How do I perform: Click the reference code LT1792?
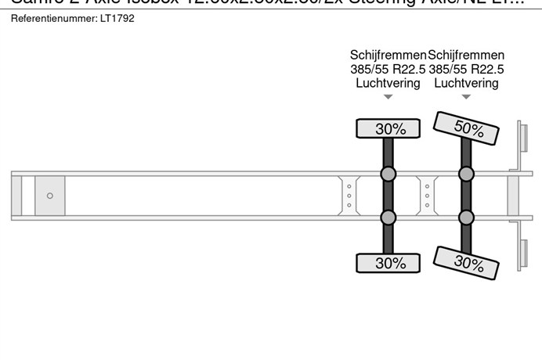(117, 18)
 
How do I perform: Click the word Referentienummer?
(52, 18)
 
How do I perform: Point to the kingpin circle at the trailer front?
(50, 196)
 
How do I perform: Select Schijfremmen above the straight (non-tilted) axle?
(388, 55)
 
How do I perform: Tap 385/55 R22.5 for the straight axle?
(388, 69)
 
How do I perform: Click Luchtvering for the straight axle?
(388, 83)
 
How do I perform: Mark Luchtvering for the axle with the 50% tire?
(466, 83)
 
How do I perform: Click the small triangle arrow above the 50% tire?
(466, 97)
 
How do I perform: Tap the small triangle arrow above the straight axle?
(388, 97)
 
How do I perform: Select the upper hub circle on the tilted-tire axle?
(466, 174)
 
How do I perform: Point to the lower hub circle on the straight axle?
(388, 218)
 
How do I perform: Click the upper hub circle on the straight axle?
(388, 174)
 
